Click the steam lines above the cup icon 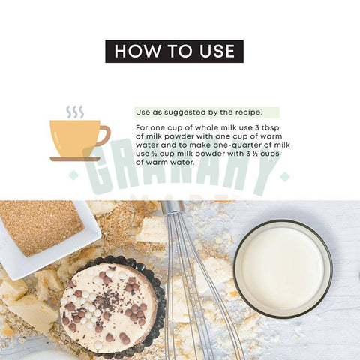75,112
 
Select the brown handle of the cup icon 103,136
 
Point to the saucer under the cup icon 75,159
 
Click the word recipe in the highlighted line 249,112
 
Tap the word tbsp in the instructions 270,128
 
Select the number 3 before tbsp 257,128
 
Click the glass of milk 283,268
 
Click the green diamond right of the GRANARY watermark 285,177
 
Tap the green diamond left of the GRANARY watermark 73,175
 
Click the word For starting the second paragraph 142,128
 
